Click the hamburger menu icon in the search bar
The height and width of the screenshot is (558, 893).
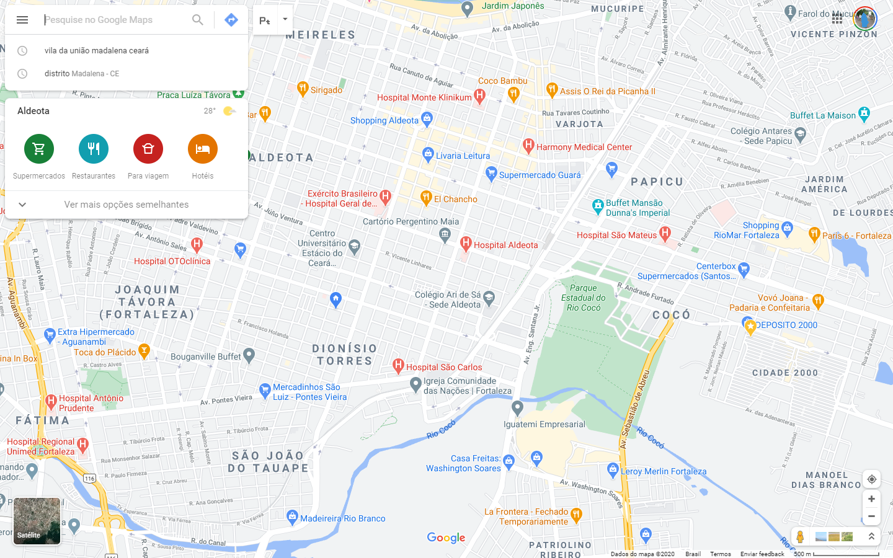[x=22, y=20]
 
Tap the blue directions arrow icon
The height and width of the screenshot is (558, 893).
[x=231, y=20]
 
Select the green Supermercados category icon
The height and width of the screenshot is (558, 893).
[x=39, y=149]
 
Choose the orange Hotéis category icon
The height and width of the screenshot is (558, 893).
[x=203, y=149]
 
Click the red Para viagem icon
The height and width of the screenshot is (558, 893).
[x=148, y=149]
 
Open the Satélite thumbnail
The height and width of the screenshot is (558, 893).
[x=37, y=521]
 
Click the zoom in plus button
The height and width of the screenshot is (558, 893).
[x=871, y=499]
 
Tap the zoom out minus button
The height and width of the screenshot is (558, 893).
[x=871, y=516]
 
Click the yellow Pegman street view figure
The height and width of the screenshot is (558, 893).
[x=801, y=537]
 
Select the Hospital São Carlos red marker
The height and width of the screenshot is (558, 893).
[x=398, y=366]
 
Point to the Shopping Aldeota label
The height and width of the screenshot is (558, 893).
[x=384, y=120]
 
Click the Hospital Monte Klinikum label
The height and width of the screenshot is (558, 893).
[x=424, y=97]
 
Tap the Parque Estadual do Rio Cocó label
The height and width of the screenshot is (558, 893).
[x=584, y=298]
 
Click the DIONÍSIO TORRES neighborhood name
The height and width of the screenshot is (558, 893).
[x=345, y=355]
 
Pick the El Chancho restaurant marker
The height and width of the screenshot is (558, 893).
[x=426, y=198]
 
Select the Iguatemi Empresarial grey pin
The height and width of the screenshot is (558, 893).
[x=518, y=408]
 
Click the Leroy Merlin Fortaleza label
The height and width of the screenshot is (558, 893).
[x=664, y=471]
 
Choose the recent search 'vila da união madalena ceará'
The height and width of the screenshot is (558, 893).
[x=97, y=51]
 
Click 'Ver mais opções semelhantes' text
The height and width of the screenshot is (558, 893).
[x=127, y=205]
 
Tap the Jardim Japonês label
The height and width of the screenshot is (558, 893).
[x=513, y=6]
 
